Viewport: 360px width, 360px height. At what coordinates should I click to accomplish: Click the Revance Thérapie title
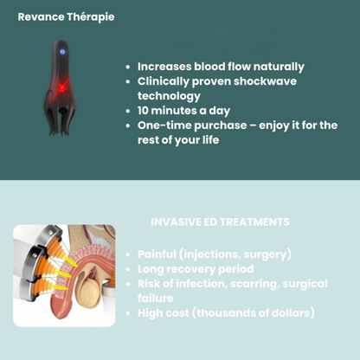pyautogui.click(x=66, y=16)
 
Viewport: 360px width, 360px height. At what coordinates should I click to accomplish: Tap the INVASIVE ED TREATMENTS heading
pyautogui.click(x=220, y=222)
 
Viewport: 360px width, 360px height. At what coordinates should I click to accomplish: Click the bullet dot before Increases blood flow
pyautogui.click(x=128, y=67)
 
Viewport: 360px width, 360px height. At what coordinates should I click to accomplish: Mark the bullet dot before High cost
pyautogui.click(x=128, y=313)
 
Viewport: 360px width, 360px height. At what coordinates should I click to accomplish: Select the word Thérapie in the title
pyautogui.click(x=90, y=16)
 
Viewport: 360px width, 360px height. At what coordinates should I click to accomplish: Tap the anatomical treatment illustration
pyautogui.click(x=64, y=275)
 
